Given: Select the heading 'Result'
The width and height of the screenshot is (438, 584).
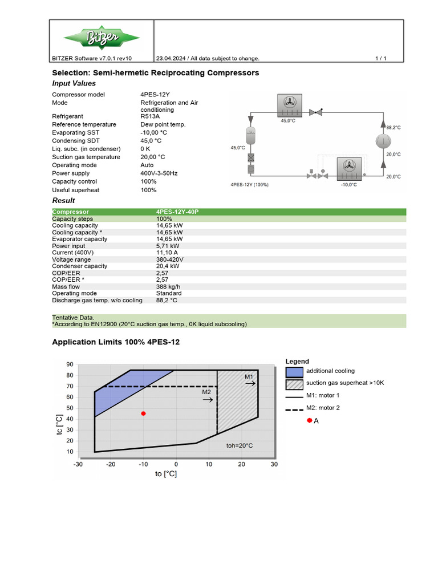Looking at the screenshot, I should [63, 201].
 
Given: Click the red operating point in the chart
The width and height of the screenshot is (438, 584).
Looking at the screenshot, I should [143, 413].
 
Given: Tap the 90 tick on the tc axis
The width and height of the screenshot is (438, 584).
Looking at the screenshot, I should [70, 364].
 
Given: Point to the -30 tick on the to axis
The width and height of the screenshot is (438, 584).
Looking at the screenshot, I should [78, 464].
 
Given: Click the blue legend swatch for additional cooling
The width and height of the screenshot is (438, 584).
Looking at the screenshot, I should [294, 372].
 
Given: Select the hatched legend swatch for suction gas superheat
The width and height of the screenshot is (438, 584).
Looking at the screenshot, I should [294, 383].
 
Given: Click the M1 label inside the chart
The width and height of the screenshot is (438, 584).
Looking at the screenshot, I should [249, 377].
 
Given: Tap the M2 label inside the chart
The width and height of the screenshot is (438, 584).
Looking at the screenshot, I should [206, 392].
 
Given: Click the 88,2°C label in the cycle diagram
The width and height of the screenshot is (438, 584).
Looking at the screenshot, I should [394, 128].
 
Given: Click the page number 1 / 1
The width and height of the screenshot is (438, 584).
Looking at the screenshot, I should [381, 58].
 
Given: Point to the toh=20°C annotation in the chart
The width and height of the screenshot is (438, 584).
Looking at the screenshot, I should [240, 445].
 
